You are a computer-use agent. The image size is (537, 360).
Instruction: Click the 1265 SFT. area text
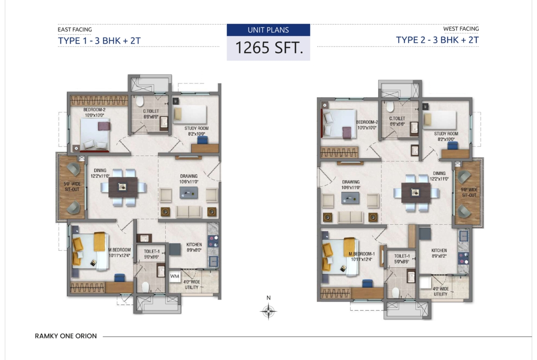(x=269, y=48)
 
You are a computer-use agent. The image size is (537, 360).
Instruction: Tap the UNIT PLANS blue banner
(x=268, y=30)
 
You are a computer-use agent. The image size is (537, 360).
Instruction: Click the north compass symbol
(x=268, y=311)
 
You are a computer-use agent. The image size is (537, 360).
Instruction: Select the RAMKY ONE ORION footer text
(x=66, y=336)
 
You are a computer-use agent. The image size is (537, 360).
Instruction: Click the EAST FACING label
(x=75, y=29)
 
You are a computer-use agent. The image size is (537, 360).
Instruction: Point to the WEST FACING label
(x=461, y=29)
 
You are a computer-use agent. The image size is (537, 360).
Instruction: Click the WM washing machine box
(x=175, y=276)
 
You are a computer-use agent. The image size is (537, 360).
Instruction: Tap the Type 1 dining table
(x=123, y=187)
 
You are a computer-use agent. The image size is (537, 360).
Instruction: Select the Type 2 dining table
(x=416, y=193)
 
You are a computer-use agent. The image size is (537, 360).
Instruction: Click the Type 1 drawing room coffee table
(x=189, y=193)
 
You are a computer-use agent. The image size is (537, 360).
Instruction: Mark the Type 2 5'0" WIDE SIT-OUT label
(x=469, y=192)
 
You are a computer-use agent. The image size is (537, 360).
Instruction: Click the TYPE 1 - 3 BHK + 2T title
(x=99, y=41)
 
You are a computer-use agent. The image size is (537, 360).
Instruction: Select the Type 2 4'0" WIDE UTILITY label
(x=441, y=291)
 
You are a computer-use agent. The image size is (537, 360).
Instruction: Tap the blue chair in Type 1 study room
(x=202, y=140)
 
